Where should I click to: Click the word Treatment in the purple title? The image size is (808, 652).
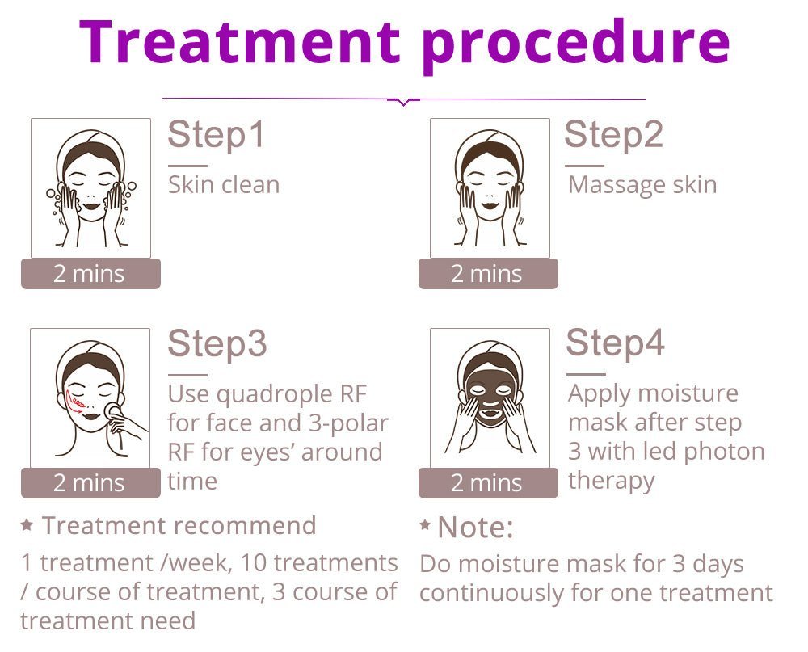coord(240,41)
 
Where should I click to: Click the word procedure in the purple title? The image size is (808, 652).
coord(576,46)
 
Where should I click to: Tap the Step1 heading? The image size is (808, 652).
coord(217,135)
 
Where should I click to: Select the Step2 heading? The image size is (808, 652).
coord(613,134)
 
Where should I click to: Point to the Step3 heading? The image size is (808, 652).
coord(217,343)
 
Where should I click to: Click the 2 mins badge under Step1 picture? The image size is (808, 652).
coord(90,274)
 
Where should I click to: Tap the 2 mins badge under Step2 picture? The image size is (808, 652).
coord(488,274)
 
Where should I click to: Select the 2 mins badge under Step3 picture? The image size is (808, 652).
coord(90,483)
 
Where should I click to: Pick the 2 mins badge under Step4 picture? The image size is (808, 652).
coord(488,483)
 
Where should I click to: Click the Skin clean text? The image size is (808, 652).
coord(224,184)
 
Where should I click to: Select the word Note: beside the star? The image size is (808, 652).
coord(475,528)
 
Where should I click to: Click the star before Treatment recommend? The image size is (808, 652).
coord(27,525)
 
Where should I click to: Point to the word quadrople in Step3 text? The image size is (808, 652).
coord(275,396)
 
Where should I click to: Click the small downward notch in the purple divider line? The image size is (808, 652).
coord(403,103)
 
